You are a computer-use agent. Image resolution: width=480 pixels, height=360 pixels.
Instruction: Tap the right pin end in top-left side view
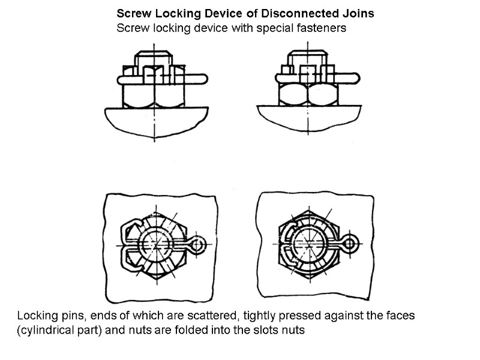(202, 78)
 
